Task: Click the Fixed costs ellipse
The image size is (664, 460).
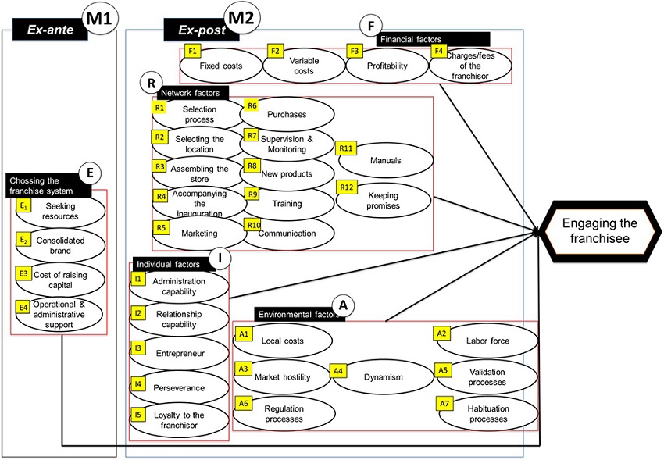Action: coord(221,66)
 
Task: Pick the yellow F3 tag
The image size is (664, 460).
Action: coord(355,52)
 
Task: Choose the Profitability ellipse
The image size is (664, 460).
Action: coord(387,66)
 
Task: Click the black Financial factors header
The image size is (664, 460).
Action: coord(433,38)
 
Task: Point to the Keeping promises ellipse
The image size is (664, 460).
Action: coord(384,200)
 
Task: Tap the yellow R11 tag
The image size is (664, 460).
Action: coord(346,147)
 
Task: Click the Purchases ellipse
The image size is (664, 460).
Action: coord(287,114)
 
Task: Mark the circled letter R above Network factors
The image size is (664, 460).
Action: coord(148,81)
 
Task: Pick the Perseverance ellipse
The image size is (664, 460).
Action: coord(179,387)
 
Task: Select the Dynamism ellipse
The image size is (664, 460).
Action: coord(383,377)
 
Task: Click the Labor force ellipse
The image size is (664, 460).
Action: coord(487,341)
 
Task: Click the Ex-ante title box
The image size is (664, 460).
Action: coord(47,30)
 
